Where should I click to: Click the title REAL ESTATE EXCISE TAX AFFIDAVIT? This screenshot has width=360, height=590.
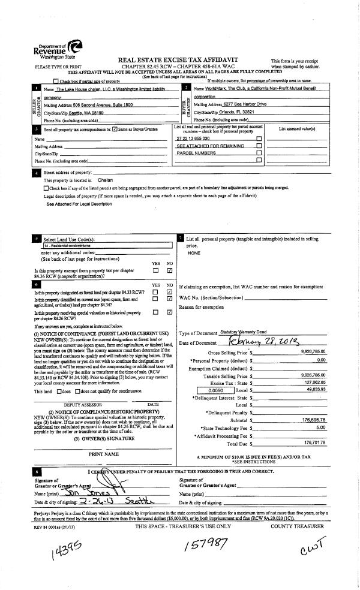click(x=178, y=61)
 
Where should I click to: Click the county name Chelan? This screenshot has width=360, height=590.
click(x=105, y=180)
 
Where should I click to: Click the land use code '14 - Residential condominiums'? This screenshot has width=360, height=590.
click(x=66, y=245)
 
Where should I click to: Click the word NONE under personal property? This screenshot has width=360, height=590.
click(x=193, y=253)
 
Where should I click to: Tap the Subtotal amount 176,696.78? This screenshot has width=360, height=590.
click(x=312, y=420)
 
